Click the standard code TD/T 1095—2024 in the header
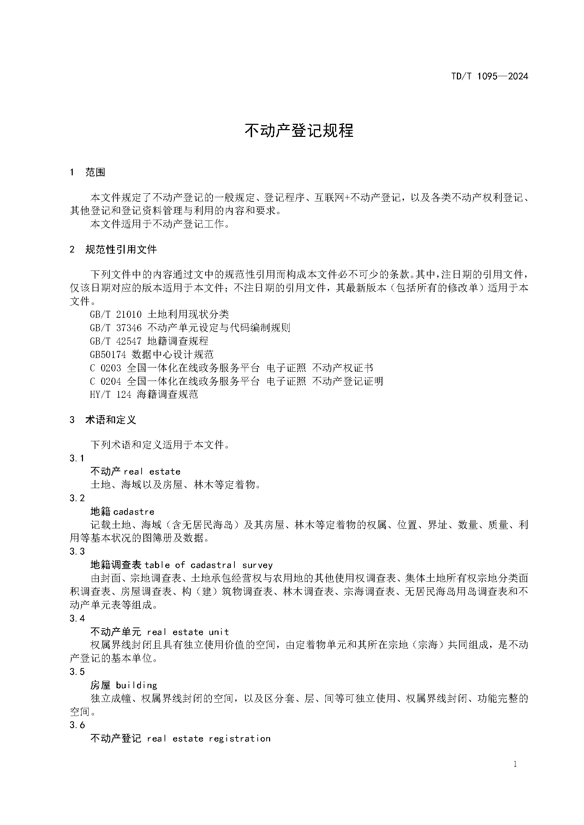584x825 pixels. pos(489,76)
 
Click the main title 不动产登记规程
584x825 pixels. pos(299,131)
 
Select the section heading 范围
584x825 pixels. pos(95,172)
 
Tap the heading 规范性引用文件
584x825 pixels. pos(121,249)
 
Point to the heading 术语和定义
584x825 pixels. pos(111,420)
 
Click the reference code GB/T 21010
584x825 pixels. pos(115,314)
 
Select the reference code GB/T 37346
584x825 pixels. pos(115,328)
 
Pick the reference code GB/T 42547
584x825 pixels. pos(115,341)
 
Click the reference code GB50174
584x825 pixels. pos(108,354)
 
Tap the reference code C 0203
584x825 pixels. pos(105,368)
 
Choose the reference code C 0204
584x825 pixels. pos(105,381)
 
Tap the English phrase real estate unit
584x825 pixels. pos(188,632)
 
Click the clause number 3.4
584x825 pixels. pos(77,618)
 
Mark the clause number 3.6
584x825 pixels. pos(77,725)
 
